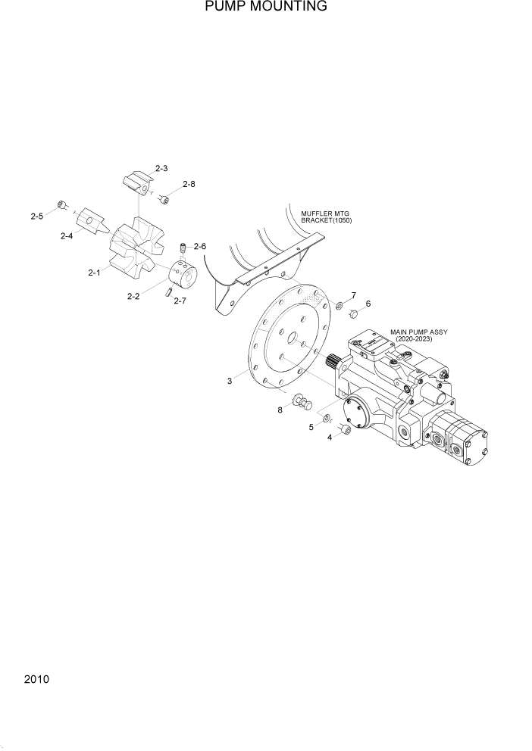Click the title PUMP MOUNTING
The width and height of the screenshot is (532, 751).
coord(265,7)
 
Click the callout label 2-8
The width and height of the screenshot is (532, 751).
coord(188,184)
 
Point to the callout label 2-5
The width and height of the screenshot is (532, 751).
coord(36,216)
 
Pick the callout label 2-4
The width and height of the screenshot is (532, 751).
coord(67,235)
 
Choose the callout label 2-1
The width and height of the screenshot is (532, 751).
coord(94,272)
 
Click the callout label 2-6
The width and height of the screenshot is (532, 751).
coord(199,246)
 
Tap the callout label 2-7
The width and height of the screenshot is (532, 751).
coord(180,301)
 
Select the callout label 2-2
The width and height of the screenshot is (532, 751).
coord(133,296)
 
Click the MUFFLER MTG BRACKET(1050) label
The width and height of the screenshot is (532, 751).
coord(327,217)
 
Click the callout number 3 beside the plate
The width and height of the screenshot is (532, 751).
coord(230,381)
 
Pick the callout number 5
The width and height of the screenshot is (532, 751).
coord(311,427)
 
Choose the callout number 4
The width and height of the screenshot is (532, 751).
coord(329,437)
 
